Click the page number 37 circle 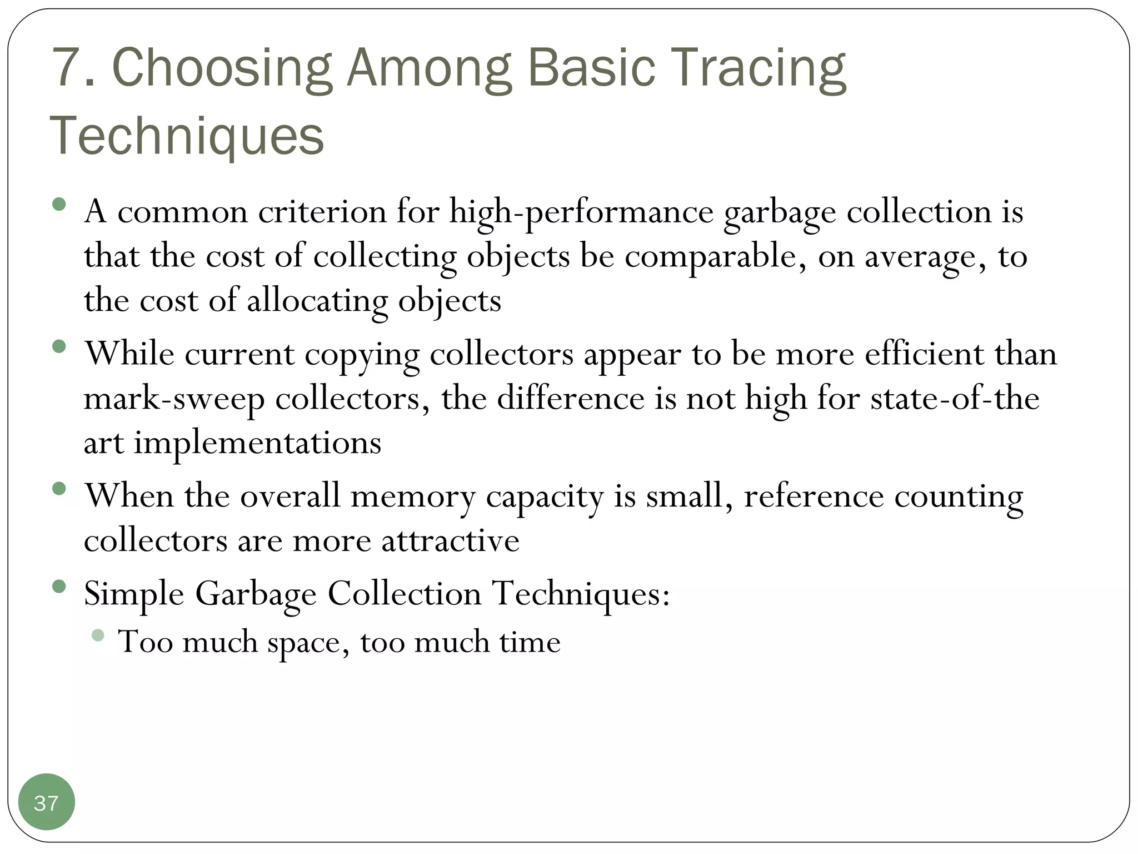click(46, 802)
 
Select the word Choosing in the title click(222, 69)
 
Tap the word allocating click(317, 301)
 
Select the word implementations click(257, 443)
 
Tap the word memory click(413, 496)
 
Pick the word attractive click(450, 540)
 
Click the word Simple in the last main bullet click(134, 593)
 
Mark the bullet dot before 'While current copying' click(59, 347)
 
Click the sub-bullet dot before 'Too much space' click(98, 635)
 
